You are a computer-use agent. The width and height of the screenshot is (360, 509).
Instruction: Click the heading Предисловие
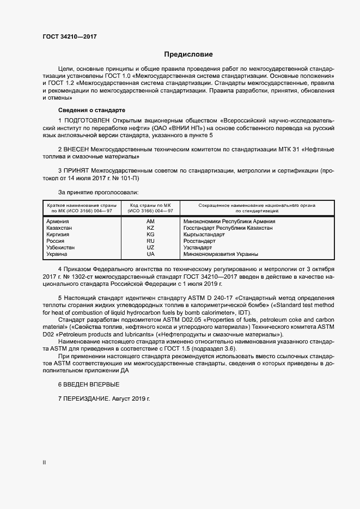click(x=188, y=54)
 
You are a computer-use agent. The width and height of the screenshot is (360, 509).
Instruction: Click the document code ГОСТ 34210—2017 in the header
click(x=70, y=36)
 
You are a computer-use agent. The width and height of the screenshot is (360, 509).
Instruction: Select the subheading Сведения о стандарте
click(x=91, y=109)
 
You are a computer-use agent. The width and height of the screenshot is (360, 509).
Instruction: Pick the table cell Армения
click(x=58, y=222)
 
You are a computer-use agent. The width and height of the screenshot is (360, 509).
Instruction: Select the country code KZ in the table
click(x=150, y=228)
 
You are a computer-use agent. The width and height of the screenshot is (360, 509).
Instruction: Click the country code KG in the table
click(x=150, y=235)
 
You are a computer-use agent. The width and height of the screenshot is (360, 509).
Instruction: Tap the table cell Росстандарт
click(x=199, y=241)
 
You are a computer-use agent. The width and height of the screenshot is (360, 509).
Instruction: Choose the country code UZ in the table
click(x=150, y=247)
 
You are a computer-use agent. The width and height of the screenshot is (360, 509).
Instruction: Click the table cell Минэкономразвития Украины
click(x=221, y=254)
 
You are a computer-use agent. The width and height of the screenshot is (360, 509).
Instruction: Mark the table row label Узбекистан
click(x=60, y=247)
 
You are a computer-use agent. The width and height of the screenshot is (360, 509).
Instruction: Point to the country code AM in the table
click(x=150, y=222)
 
